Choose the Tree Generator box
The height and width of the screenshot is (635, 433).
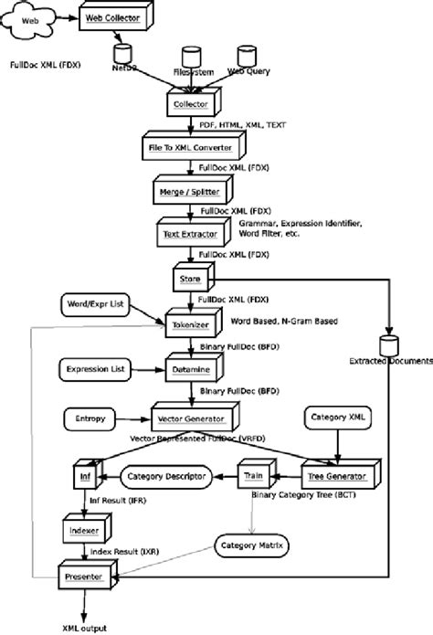(x=335, y=476)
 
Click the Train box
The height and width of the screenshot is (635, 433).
(x=254, y=476)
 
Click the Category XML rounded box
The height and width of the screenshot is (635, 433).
(x=340, y=418)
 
